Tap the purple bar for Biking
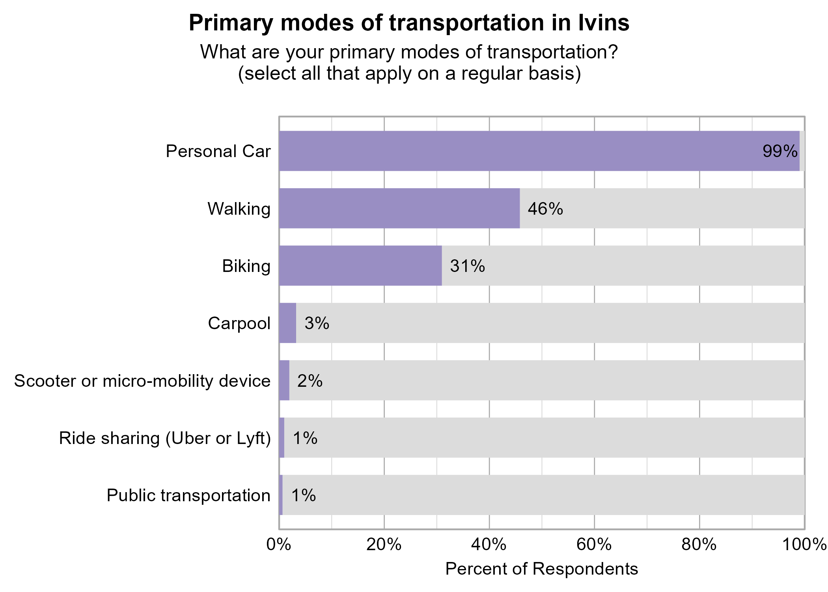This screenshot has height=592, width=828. tap(360, 266)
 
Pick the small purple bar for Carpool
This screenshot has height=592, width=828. tap(287, 323)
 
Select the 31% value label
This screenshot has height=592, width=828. tap(467, 266)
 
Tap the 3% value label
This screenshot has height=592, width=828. tap(317, 323)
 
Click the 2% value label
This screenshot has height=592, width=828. tap(310, 381)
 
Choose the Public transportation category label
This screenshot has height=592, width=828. tap(188, 495)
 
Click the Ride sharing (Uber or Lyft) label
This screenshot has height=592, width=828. tap(165, 438)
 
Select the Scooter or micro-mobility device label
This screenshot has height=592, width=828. tap(142, 381)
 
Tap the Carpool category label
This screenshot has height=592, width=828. tap(239, 323)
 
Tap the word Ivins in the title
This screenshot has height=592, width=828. tap(604, 23)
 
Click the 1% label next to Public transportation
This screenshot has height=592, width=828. tap(303, 495)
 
